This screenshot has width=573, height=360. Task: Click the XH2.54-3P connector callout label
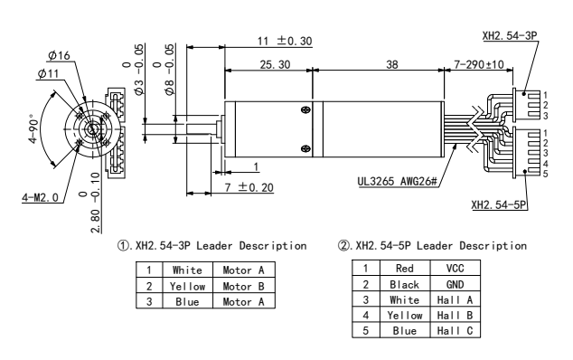coord(510,35)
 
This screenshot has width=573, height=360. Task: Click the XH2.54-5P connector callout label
coord(499,204)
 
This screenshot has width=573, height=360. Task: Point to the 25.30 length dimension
coord(275,64)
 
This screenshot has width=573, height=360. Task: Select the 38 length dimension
coord(391,64)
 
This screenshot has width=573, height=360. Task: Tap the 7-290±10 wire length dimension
coord(479,64)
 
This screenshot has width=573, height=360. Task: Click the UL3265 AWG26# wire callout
coord(398,181)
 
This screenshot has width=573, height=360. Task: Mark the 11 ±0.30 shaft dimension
coord(285,41)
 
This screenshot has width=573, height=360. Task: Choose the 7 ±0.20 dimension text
coord(249,187)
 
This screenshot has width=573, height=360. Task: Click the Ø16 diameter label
coord(59,55)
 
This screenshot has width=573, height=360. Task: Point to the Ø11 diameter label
coord(48,73)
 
